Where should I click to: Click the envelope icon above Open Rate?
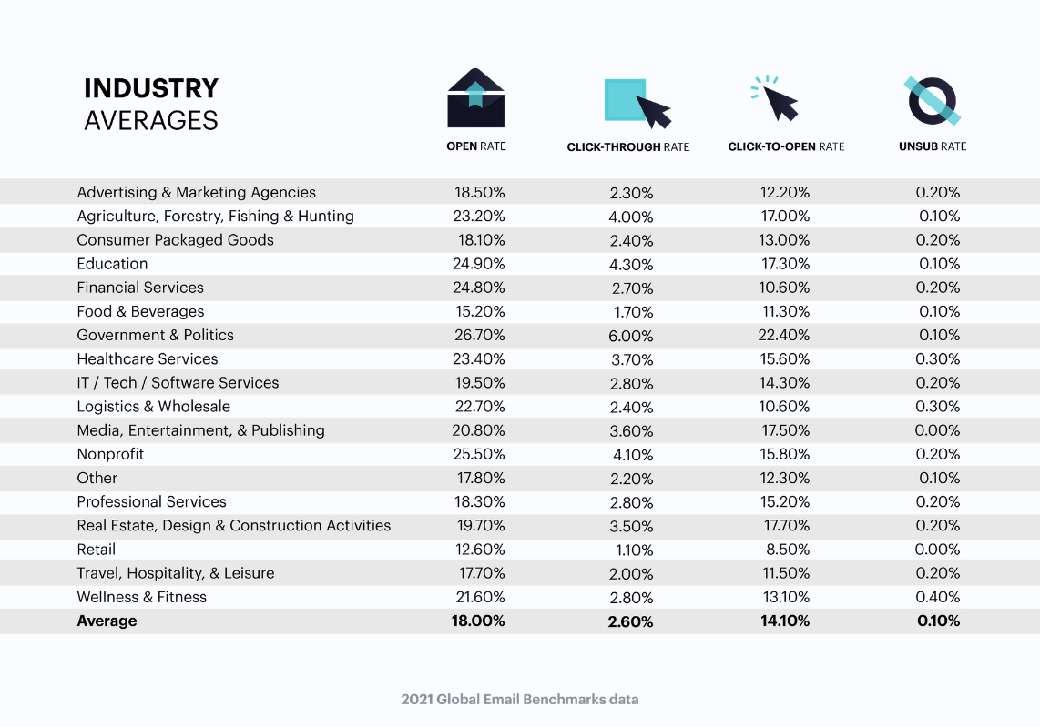[x=475, y=98]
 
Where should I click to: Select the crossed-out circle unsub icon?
[x=933, y=100]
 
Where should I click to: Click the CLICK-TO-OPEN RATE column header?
[x=786, y=146]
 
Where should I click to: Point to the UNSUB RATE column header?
[x=933, y=146]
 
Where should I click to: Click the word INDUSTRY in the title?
[x=151, y=88]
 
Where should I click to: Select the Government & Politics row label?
[x=155, y=335]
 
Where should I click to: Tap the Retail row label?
[x=96, y=550]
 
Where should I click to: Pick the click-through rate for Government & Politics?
[x=632, y=336]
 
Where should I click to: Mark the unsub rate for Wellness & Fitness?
[x=938, y=597]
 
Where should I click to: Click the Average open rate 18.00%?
[x=477, y=621]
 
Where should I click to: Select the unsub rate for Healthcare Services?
[x=938, y=358]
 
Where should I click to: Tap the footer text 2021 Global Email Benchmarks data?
[x=520, y=700]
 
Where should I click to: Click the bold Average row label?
[x=107, y=621]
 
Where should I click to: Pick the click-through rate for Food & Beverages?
[x=632, y=312]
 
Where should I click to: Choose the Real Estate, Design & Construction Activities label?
[x=233, y=526]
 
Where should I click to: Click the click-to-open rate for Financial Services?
[x=785, y=288]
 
